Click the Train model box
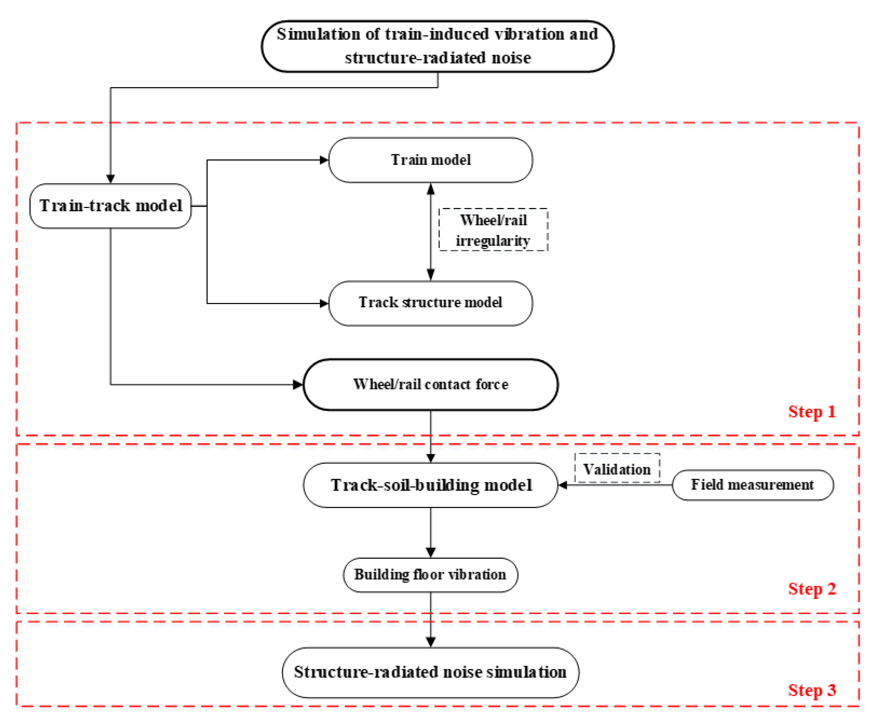pyautogui.click(x=430, y=160)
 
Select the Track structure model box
pyautogui.click(x=430, y=303)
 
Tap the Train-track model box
pyautogui.click(x=110, y=206)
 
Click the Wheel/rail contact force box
pyautogui.click(x=430, y=385)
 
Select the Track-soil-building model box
pyautogui.click(x=430, y=485)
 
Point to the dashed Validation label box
pyautogui.click(x=617, y=469)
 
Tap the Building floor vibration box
pyautogui.click(x=430, y=574)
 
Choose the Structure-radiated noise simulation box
pyautogui.click(x=430, y=672)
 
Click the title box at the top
pyautogui.click(x=437, y=46)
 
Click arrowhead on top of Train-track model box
pyautogui.click(x=110, y=179)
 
